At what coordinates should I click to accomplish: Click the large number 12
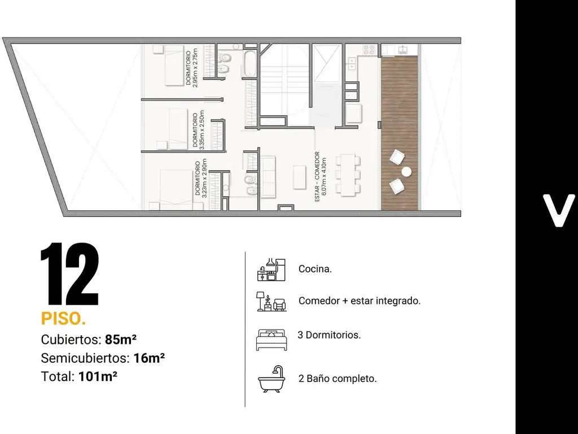tap(69, 274)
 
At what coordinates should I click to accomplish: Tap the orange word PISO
tap(63, 319)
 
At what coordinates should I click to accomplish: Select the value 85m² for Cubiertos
tap(121, 339)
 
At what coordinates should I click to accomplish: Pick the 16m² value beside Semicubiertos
tap(149, 358)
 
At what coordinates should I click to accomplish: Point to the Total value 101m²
tap(98, 376)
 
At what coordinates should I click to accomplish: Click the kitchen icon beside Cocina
tap(272, 270)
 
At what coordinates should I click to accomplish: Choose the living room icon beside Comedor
tap(272, 301)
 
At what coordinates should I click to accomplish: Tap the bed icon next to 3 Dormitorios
tap(272, 339)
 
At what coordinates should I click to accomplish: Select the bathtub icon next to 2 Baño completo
tap(272, 379)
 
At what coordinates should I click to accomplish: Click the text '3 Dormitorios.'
tap(329, 335)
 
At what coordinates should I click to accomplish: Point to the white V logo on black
tap(558, 211)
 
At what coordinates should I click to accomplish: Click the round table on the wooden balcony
tap(406, 172)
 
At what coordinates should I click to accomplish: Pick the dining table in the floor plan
tap(348, 175)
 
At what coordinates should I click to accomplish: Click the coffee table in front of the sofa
tap(299, 177)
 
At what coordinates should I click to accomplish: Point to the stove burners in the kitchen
tap(369, 49)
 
